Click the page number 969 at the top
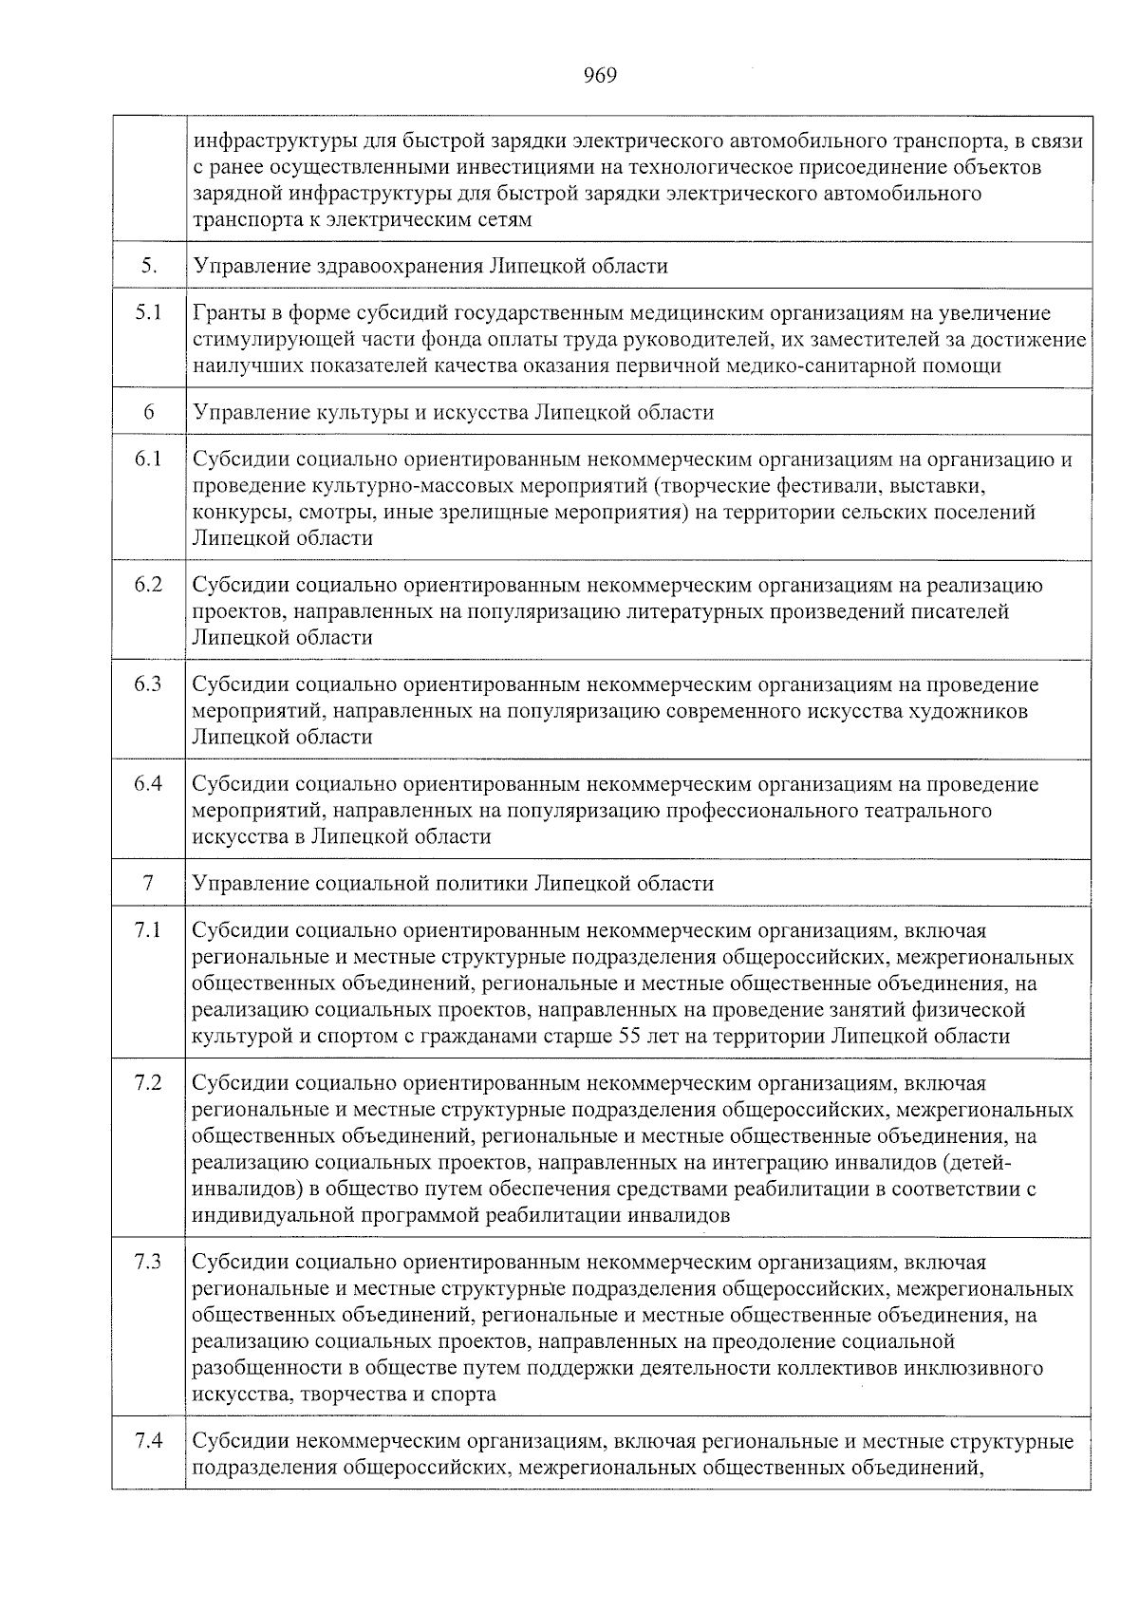click(600, 76)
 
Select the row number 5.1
click(148, 312)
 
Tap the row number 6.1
click(148, 459)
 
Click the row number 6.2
click(148, 584)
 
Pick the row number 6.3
click(148, 684)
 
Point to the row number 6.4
click(148, 783)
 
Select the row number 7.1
click(148, 929)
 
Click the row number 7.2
click(148, 1082)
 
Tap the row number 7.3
click(148, 1262)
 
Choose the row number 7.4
click(148, 1441)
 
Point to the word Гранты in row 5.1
click(225, 313)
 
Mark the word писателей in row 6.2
click(967, 611)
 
